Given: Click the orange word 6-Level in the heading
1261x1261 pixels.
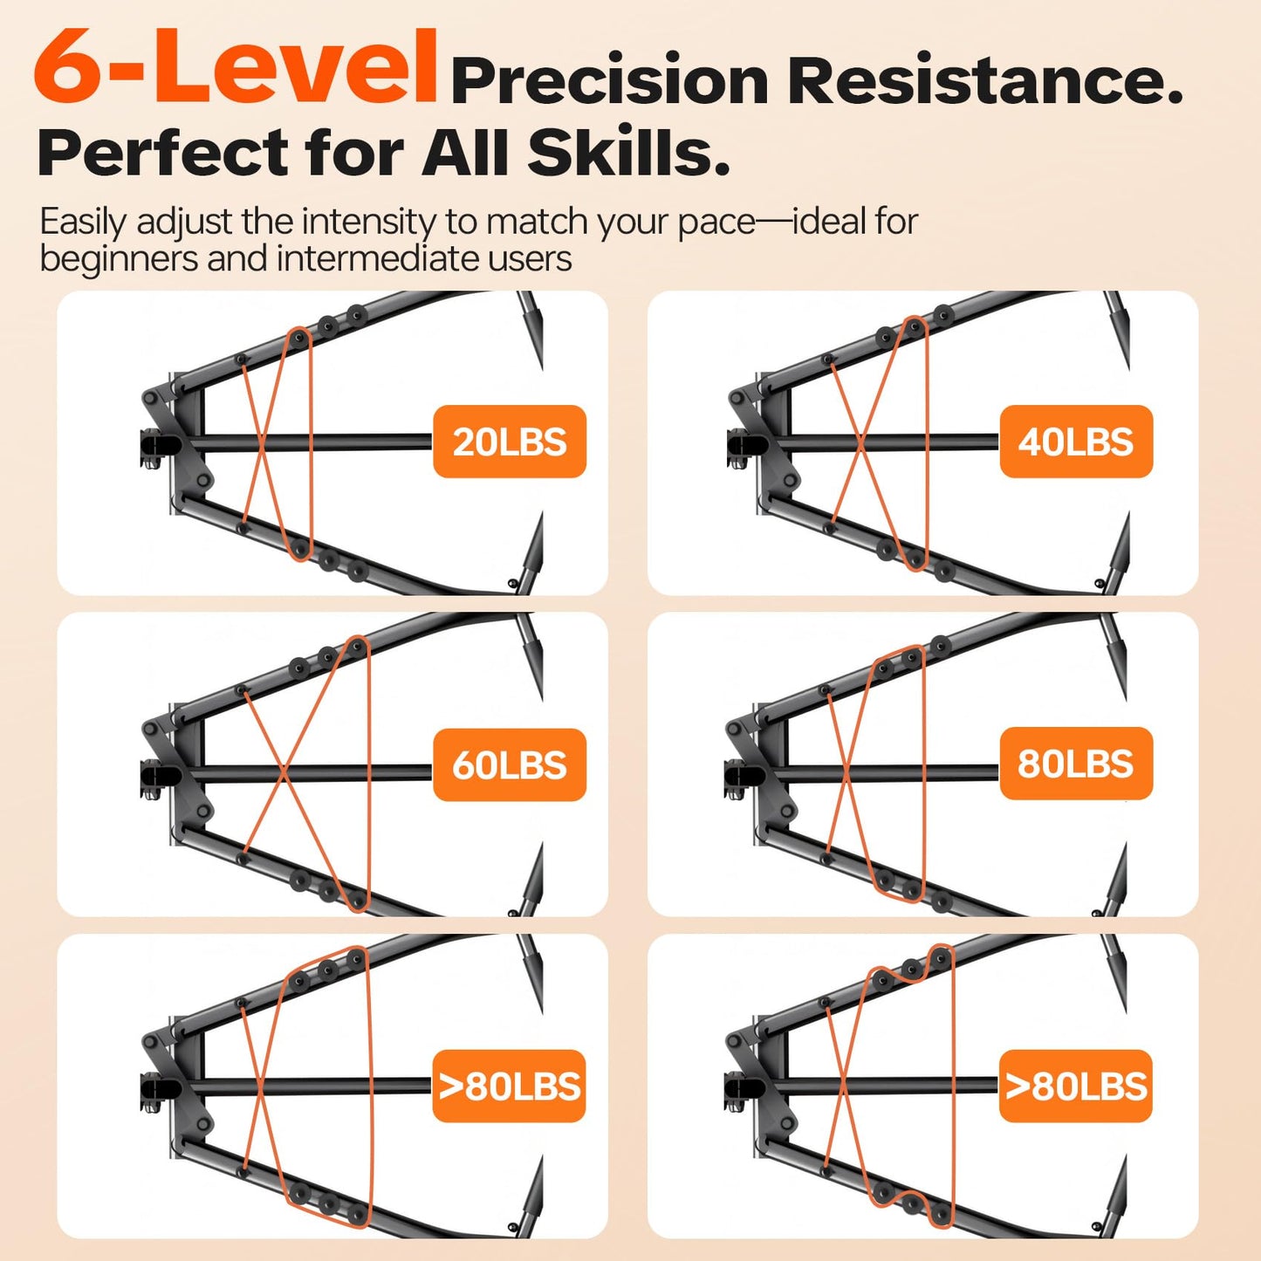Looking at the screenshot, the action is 236,67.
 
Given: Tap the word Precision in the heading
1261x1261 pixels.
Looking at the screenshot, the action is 608,81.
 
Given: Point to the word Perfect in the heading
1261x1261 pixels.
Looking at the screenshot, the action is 163,153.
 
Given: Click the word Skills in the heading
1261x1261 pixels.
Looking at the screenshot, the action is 627,153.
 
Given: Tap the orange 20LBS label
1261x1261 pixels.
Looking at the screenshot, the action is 509,442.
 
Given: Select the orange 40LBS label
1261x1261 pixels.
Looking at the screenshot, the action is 1076,442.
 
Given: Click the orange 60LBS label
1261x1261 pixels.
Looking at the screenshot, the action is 509,765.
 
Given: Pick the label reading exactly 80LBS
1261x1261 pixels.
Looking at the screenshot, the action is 1075,764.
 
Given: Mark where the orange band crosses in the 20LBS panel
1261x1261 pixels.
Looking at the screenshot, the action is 260,443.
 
